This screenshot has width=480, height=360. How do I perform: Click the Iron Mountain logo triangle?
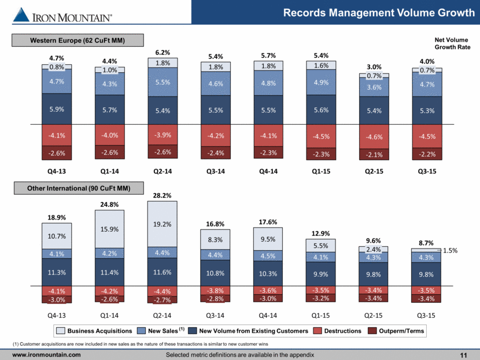pos(21,15)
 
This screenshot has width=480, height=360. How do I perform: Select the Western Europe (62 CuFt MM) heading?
pos(77,39)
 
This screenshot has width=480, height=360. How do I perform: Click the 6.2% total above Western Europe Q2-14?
pos(162,51)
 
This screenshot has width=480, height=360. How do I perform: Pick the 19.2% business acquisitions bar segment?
pos(162,224)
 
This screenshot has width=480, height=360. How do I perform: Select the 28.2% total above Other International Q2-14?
pos(162,196)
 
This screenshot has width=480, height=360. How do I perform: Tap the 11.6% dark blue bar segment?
pos(162,270)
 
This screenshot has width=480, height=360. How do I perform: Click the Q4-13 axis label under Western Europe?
pos(56,172)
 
